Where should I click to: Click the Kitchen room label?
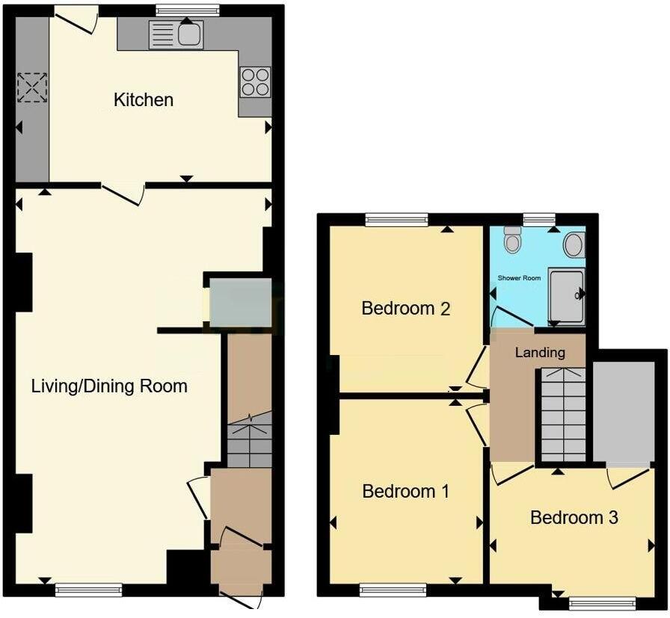point(144,99)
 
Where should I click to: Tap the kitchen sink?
point(176,34)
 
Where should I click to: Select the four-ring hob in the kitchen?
point(255,82)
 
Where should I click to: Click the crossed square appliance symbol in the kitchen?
point(32,87)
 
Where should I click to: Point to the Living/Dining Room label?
point(109,386)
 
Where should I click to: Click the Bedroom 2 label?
point(405,308)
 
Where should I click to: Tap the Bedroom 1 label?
point(405,491)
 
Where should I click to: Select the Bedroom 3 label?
point(574,517)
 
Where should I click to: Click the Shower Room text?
point(519,278)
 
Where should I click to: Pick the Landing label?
point(539,352)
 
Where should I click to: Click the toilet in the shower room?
point(512,239)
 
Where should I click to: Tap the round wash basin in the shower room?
point(574,244)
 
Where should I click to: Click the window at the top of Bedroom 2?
point(396,220)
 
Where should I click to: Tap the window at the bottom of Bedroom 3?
point(602,602)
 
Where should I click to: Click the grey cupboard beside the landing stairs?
point(622,412)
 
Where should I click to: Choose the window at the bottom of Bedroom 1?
point(393,590)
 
